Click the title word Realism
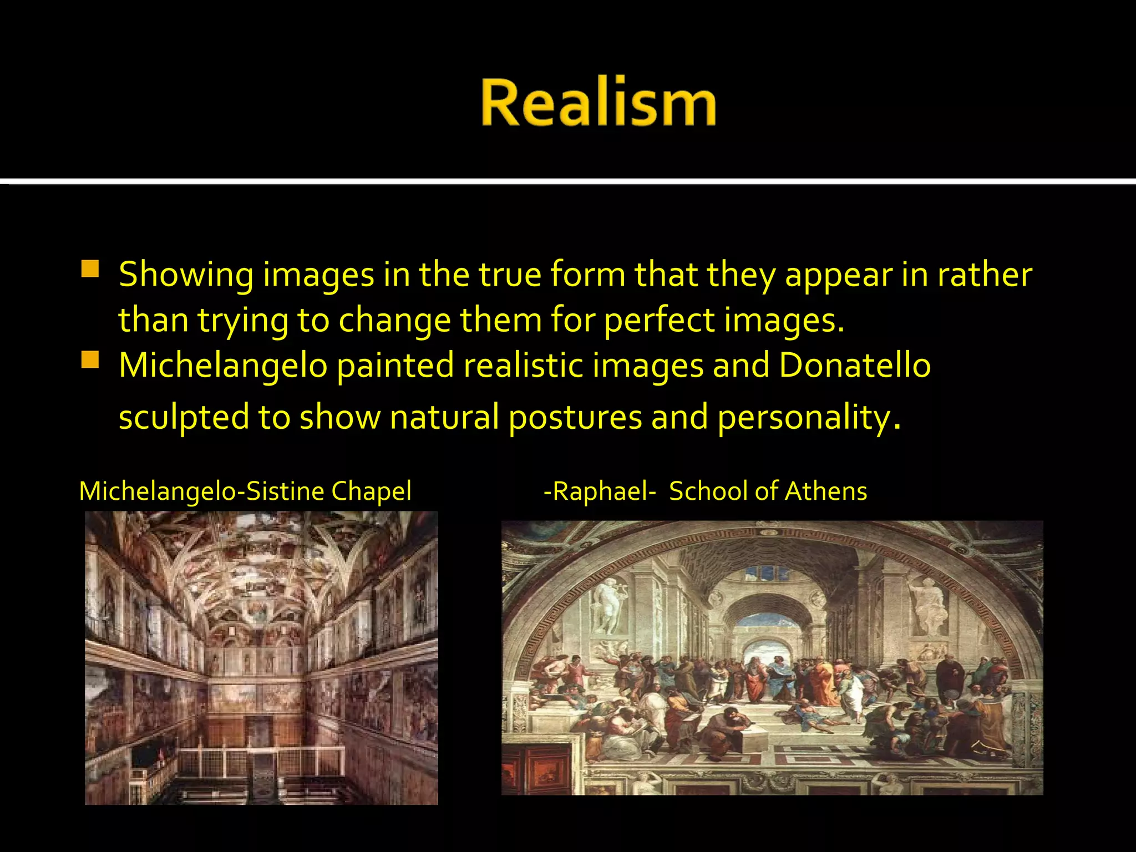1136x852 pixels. point(599,103)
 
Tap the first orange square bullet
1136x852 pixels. point(90,269)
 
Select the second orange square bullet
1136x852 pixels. point(90,360)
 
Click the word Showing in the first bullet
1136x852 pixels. point(186,275)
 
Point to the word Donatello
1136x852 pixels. point(855,366)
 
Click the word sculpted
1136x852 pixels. point(184,417)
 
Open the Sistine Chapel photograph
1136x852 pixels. point(261,658)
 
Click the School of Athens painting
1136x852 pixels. point(772,658)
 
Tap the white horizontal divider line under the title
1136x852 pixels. point(568,181)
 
